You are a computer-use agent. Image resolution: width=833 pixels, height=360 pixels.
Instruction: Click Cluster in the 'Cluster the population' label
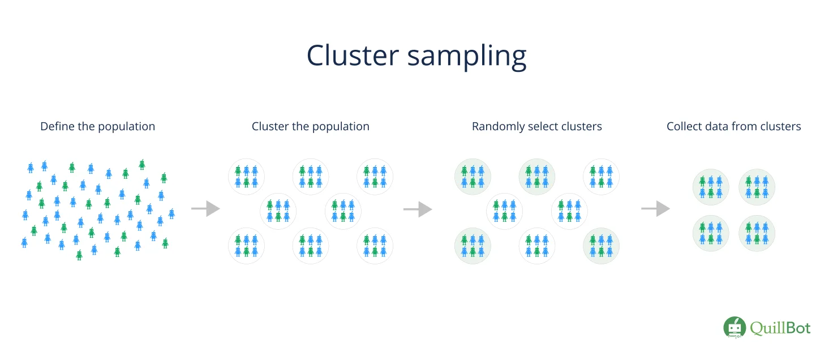269,126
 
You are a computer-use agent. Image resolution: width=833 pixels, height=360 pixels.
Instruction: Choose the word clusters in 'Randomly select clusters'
583,126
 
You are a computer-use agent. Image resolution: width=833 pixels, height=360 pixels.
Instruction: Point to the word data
719,126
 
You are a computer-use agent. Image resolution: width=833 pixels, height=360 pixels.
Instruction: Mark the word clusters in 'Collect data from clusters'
782,126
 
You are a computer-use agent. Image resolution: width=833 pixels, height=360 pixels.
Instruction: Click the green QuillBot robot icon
734,328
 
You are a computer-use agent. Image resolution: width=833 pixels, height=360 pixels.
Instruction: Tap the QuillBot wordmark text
780,328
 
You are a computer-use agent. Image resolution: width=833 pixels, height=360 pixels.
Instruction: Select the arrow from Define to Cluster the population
205,209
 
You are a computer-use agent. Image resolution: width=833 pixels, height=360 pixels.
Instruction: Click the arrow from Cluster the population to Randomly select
418,209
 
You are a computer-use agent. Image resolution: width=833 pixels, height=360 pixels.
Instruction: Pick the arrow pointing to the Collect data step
655,209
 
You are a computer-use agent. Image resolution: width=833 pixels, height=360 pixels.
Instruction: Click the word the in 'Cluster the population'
300,126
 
